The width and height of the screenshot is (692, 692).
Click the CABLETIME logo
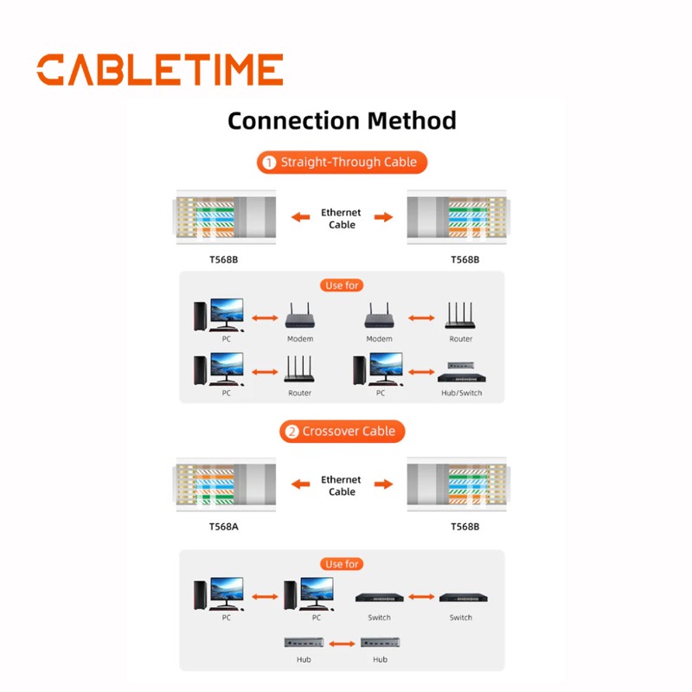click(161, 70)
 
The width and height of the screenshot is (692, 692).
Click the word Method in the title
click(411, 120)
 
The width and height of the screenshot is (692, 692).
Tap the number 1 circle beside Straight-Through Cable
click(269, 163)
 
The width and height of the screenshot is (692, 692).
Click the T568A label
click(223, 526)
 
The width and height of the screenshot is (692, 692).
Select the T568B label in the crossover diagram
click(465, 526)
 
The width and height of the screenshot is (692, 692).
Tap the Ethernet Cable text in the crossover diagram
click(342, 486)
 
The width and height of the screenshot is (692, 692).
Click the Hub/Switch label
click(460, 394)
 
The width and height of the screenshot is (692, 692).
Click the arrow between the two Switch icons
click(420, 597)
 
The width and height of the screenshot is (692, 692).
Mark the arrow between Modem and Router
click(420, 318)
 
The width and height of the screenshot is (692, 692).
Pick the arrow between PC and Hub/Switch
click(420, 372)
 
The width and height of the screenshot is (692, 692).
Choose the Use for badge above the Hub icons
click(342, 564)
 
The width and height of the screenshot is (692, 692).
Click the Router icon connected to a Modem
click(460, 317)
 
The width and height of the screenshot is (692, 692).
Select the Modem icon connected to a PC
click(300, 317)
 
